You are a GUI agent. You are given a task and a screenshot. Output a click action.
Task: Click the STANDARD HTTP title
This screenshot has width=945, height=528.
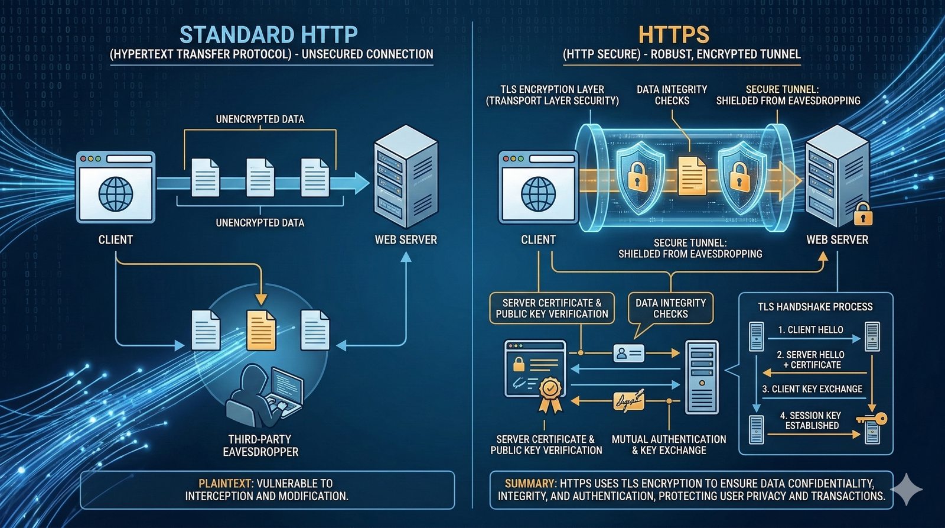click(268, 35)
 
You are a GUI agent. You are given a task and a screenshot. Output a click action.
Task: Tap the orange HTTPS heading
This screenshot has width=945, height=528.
click(673, 35)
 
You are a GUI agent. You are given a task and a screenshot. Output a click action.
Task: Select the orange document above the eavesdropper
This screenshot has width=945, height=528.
click(260, 330)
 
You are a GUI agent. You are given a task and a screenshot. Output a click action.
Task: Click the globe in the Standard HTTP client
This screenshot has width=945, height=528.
click(116, 193)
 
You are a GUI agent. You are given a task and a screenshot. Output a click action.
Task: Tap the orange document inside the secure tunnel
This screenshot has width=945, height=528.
click(692, 176)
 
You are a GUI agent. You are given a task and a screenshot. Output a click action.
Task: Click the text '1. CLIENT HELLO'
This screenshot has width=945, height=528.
click(810, 330)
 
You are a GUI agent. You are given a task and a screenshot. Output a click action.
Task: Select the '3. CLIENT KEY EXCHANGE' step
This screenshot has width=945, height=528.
click(812, 389)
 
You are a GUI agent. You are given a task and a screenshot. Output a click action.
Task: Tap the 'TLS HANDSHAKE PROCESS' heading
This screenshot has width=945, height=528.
click(815, 307)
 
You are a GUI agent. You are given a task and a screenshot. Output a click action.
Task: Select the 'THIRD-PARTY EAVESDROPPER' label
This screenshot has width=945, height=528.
click(260, 445)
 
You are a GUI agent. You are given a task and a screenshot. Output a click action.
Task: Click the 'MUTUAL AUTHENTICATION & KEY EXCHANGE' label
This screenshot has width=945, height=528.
click(669, 445)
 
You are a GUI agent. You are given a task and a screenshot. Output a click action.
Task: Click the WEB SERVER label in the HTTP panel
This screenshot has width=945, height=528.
click(406, 239)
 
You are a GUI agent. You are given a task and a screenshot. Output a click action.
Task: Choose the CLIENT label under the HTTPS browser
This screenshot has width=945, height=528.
click(538, 239)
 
